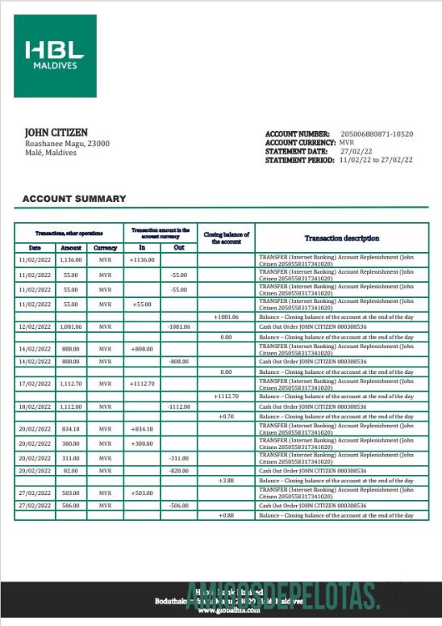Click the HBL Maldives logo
(x=55, y=56)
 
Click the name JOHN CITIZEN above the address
(x=56, y=132)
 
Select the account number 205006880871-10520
(x=377, y=133)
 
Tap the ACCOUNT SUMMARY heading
(x=74, y=199)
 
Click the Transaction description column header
(x=342, y=238)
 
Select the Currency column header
(x=105, y=248)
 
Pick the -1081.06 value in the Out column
(x=178, y=326)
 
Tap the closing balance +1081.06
(x=226, y=317)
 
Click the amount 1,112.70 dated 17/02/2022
(x=70, y=384)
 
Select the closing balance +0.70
(x=226, y=416)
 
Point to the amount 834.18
(x=70, y=428)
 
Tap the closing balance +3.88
(x=226, y=481)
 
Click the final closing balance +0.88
(x=226, y=515)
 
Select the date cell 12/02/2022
(x=35, y=326)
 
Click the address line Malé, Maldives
(x=51, y=153)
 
